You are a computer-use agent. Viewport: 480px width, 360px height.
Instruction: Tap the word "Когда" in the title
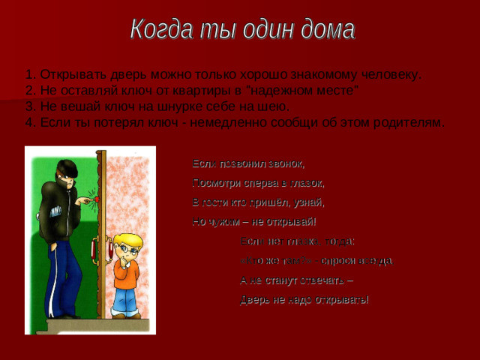pyautogui.click(x=158, y=30)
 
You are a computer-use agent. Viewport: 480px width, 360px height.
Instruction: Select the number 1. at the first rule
pyautogui.click(x=30, y=75)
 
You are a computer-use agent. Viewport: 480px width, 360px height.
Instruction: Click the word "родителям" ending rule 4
pyautogui.click(x=406, y=122)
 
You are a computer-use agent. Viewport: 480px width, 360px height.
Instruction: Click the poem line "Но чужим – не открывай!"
pyautogui.click(x=254, y=221)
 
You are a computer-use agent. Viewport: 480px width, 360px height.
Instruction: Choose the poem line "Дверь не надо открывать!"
pyautogui.click(x=304, y=300)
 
